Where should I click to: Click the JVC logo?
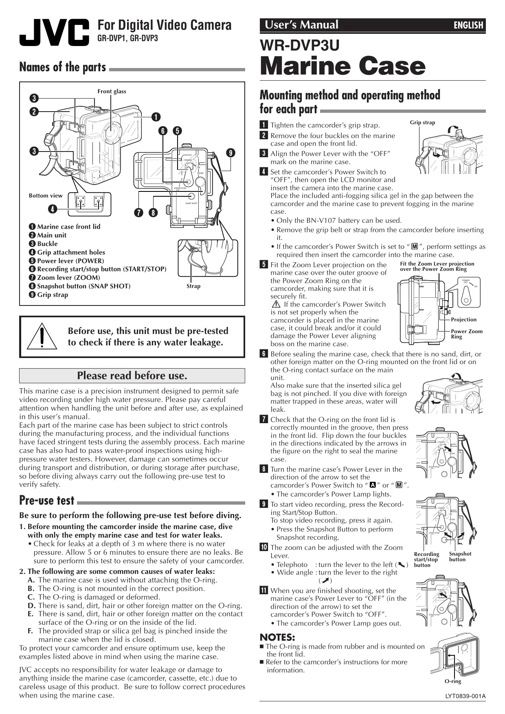[x=54, y=32]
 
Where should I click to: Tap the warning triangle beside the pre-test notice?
[x=42, y=336]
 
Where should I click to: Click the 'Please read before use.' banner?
[x=132, y=376]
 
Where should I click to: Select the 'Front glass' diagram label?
[x=112, y=91]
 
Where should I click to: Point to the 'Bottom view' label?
[x=46, y=196]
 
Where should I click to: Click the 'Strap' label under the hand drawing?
[x=193, y=286]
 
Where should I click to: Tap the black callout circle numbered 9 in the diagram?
[x=231, y=153]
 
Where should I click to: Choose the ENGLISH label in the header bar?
[x=468, y=25]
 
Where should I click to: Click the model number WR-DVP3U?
[x=300, y=45]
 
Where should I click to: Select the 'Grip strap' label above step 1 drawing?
[x=422, y=122]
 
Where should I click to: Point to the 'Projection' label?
[x=463, y=319]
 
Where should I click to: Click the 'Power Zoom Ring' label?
[x=466, y=334]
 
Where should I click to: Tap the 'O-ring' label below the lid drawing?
[x=452, y=681]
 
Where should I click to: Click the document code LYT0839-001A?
[x=465, y=696]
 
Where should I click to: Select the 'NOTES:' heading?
[x=277, y=637]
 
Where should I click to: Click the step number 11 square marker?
[x=263, y=591]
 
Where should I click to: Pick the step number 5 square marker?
[x=264, y=265]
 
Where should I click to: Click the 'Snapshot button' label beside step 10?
[x=460, y=556]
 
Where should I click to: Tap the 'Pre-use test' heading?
[x=47, y=501]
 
